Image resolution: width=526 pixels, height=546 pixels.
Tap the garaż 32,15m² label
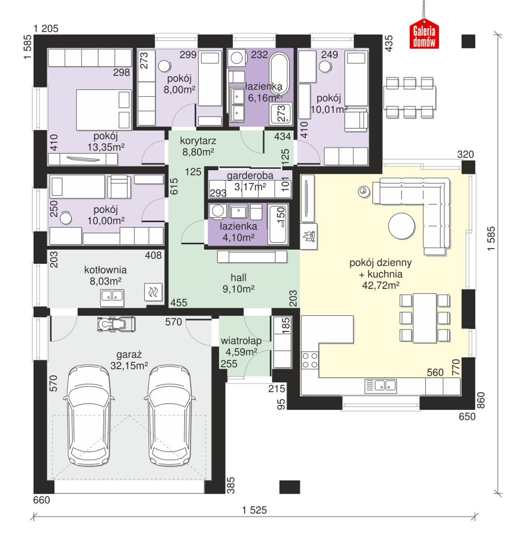[x=129, y=360]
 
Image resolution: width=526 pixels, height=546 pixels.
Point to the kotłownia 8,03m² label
[x=106, y=275]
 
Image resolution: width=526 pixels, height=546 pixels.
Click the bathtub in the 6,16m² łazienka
[x=279, y=74]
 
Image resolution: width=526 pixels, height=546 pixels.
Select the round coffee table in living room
[x=401, y=226]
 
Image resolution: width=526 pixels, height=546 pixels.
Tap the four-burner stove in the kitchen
[x=310, y=360]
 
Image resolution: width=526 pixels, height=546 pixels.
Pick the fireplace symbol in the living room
[x=309, y=236]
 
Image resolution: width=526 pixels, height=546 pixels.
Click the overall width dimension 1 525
[x=255, y=510]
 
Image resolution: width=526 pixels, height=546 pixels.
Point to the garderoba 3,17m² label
[x=250, y=181]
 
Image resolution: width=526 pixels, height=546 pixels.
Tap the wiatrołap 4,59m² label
[x=241, y=346]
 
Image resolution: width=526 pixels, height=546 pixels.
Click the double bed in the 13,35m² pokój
[x=104, y=110]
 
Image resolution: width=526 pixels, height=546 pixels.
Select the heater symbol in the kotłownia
[x=153, y=292]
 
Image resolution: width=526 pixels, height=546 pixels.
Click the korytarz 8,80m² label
[x=198, y=146]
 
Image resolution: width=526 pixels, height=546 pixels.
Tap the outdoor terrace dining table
[x=410, y=97]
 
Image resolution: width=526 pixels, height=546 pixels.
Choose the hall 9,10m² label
[x=238, y=283]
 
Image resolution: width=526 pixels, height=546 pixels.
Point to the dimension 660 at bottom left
[x=42, y=500]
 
